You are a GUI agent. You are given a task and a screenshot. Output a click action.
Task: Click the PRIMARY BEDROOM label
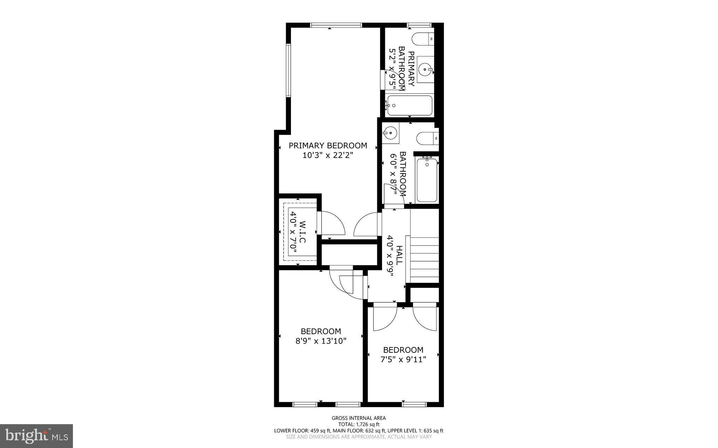tap(328, 145)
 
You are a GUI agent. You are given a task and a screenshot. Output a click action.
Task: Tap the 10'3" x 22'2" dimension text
tap(328, 155)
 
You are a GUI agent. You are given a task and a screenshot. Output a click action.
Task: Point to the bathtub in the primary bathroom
tap(409, 105)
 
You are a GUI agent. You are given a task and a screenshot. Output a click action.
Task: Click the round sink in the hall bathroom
tap(390, 133)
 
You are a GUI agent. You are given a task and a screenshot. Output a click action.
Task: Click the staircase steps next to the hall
tap(422, 259)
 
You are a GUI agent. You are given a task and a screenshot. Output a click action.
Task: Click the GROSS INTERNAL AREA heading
tap(359, 418)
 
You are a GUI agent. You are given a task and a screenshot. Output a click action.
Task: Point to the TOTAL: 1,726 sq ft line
tap(359, 424)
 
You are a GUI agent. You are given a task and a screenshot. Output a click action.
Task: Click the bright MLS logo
tap(36, 436)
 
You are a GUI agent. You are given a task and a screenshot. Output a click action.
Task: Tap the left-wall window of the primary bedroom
tap(289, 70)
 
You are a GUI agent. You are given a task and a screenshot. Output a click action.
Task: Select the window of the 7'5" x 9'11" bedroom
tap(414, 404)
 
